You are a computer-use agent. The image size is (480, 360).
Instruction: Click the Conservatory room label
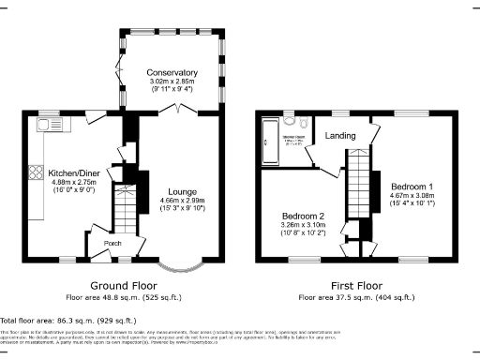click(172, 73)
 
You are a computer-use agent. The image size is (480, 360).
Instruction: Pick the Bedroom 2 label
click(302, 215)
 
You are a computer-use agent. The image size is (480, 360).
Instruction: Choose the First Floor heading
click(355, 284)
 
